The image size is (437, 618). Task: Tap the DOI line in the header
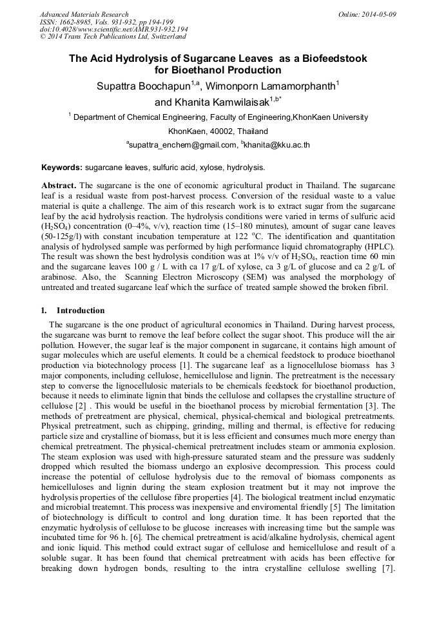coord(113,29)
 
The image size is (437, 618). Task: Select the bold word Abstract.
coord(59,185)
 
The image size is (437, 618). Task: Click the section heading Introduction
coord(81,310)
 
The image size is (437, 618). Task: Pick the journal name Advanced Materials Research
coord(84,14)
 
